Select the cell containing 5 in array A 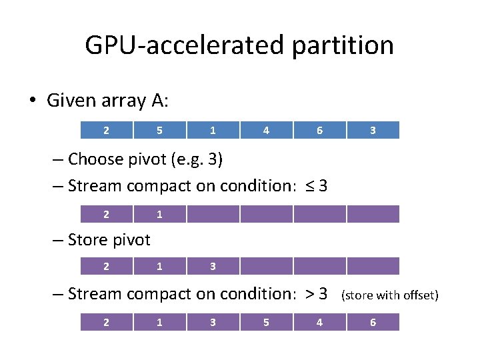point(159,130)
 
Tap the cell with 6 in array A point(319,130)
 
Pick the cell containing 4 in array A point(266,130)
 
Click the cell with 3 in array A point(373,130)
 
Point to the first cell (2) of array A point(106,130)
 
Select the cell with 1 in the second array point(159,214)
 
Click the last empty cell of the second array point(373,214)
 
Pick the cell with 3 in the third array point(213,266)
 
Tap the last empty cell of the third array point(373,266)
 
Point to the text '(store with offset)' point(389,295)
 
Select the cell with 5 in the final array point(266,323)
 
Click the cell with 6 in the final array point(373,323)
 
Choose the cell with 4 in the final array point(319,323)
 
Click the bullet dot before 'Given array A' point(32,101)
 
